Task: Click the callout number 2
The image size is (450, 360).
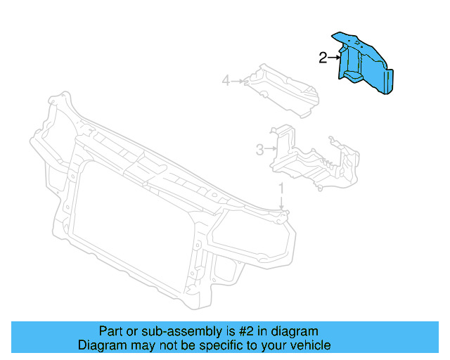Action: pyautogui.click(x=323, y=58)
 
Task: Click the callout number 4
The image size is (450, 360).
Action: pyautogui.click(x=226, y=81)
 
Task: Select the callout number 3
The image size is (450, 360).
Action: pyautogui.click(x=259, y=149)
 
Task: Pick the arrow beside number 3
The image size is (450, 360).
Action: pyautogui.click(x=271, y=149)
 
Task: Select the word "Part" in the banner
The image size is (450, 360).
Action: pyautogui.click(x=110, y=331)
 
